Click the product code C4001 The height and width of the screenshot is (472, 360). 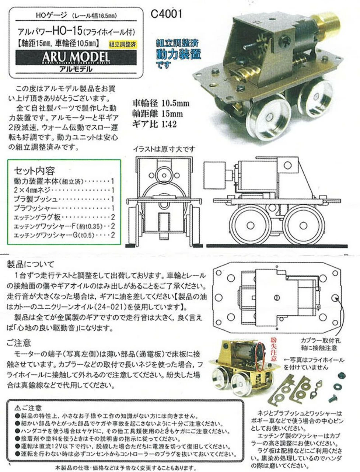click(x=167, y=14)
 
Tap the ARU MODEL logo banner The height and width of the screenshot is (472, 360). click(x=76, y=57)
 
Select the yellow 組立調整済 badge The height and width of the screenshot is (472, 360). click(x=122, y=44)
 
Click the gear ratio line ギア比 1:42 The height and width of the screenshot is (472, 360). click(x=155, y=124)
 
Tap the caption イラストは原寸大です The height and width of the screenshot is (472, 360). click(x=164, y=149)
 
